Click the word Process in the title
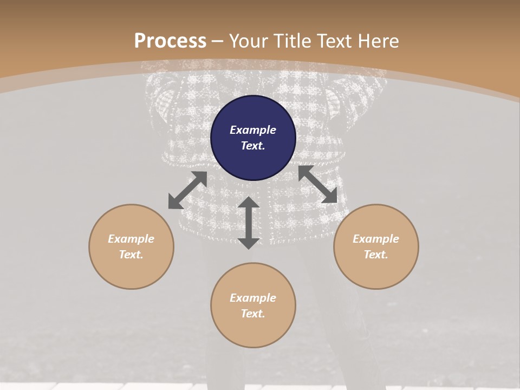point(170,41)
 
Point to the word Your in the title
point(249,41)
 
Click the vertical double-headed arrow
point(249,223)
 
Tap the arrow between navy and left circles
point(188,190)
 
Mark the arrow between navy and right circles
point(318,184)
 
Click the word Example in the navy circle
point(253,130)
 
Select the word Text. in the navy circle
point(253,146)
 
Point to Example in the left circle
point(131,239)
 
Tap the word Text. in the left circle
point(131,255)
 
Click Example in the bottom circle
point(253,298)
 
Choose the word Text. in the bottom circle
point(253,314)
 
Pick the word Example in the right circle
point(376,239)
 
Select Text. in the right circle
point(376,255)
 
